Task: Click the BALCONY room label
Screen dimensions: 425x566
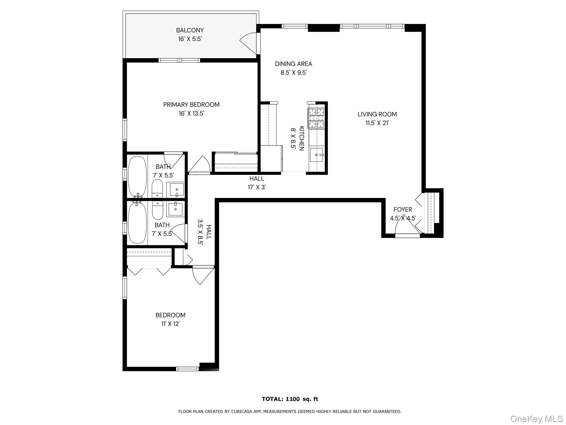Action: tap(190, 30)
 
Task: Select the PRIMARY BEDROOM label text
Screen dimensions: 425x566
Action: tap(191, 105)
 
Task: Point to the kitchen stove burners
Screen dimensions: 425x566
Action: tap(316, 118)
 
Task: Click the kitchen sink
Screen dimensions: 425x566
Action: tap(316, 155)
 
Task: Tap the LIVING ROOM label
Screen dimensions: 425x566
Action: tap(377, 114)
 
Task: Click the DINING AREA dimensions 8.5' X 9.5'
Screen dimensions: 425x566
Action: tap(294, 73)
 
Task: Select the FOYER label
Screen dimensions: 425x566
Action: tap(403, 209)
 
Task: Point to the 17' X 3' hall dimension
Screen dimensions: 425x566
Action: tap(256, 187)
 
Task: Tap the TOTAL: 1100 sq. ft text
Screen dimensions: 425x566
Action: tap(290, 399)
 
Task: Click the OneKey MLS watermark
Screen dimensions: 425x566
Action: tap(536, 419)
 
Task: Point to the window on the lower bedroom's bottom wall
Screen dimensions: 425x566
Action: tap(187, 369)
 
